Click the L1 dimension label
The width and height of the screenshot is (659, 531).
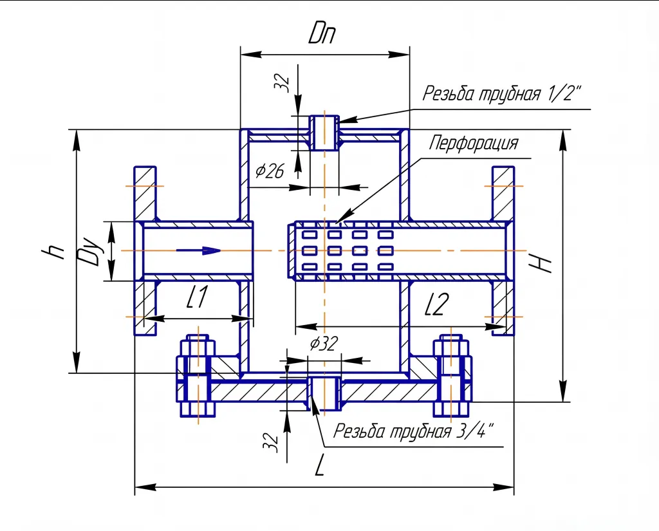pos(198,297)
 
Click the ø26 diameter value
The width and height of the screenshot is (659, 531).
pos(270,171)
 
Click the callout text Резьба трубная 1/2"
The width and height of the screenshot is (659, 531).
pos(502,94)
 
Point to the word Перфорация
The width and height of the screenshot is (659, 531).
pos(474,142)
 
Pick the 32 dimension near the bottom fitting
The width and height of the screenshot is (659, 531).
pos(271,442)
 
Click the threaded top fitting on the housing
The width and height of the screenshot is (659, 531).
pos(324,133)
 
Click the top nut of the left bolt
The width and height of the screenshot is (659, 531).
pos(198,348)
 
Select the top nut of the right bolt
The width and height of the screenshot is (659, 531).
pos(451,348)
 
